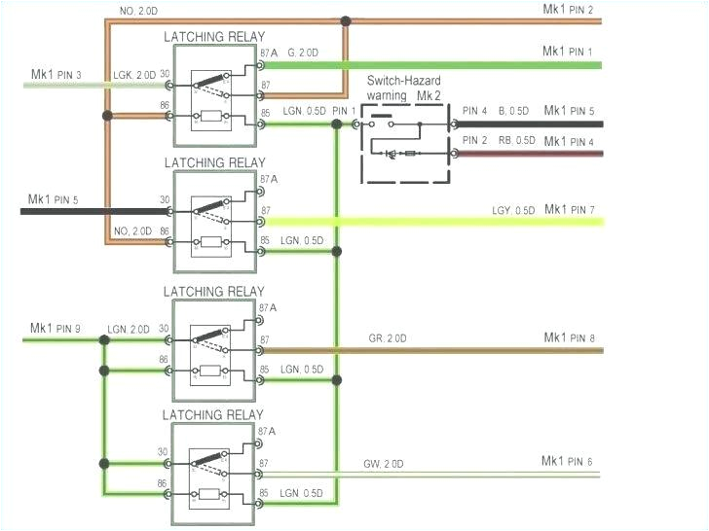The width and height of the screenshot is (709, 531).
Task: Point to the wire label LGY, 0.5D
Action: (x=511, y=211)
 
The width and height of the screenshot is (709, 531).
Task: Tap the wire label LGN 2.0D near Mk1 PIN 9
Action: (x=130, y=330)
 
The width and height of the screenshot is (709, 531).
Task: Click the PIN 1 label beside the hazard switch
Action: (x=344, y=111)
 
